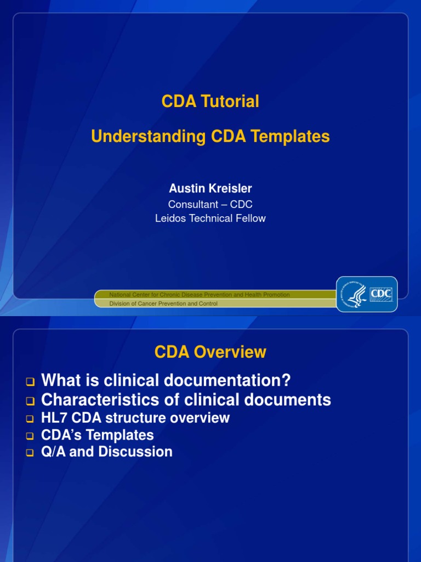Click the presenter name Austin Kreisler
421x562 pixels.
(x=210, y=188)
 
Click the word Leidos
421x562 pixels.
(x=172, y=218)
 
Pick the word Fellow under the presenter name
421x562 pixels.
(x=250, y=218)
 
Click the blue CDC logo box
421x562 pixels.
(x=382, y=294)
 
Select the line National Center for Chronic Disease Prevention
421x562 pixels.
(x=200, y=295)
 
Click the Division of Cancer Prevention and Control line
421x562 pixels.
(x=163, y=304)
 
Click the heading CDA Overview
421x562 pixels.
(x=210, y=352)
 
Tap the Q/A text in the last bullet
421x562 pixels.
(x=53, y=452)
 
